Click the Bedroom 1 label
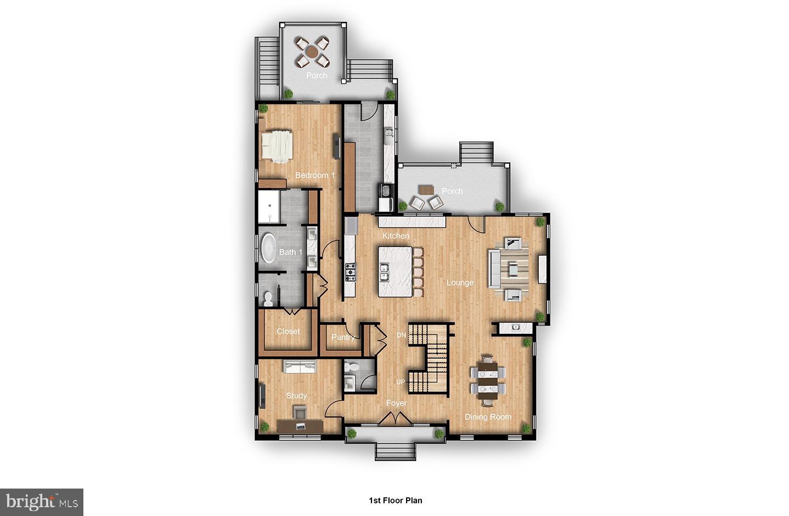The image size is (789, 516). coord(315,175)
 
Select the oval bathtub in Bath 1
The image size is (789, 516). coord(269,249)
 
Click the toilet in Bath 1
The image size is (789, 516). coord(268,298)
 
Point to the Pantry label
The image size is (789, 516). coord(343,337)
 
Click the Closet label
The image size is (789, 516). coord(288,332)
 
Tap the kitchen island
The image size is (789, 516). coord(395,271)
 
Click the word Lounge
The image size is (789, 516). coord(460,283)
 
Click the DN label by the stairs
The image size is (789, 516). coord(402,335)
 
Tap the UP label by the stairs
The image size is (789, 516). coord(401,382)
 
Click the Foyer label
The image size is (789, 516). coord(396,403)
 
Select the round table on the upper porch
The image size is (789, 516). coord(312,52)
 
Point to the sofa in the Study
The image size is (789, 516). coord(300,366)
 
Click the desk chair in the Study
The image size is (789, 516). coord(300,413)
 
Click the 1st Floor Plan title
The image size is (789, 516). coord(395,500)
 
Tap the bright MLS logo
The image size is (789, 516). coord(42,502)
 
